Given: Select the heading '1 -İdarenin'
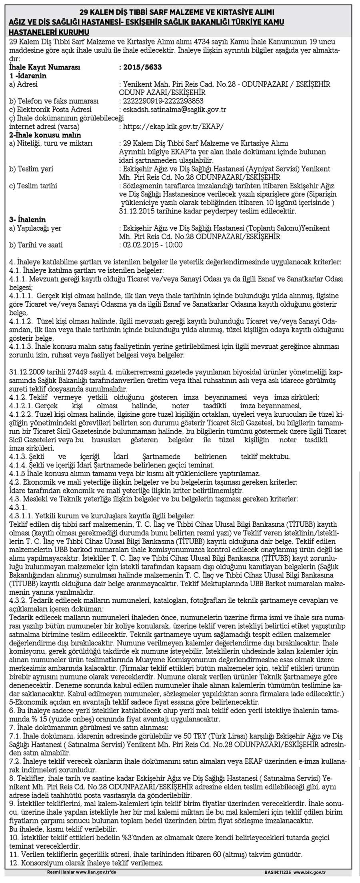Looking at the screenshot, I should coord(28,75).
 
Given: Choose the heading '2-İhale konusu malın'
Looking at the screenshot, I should coord(45,135).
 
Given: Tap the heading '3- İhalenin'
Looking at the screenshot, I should coord(27,220).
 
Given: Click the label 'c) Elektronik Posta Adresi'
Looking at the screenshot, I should coord(50,109).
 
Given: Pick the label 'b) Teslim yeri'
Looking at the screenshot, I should coord(31,169).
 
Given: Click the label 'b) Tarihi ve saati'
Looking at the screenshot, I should coord(36,244).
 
